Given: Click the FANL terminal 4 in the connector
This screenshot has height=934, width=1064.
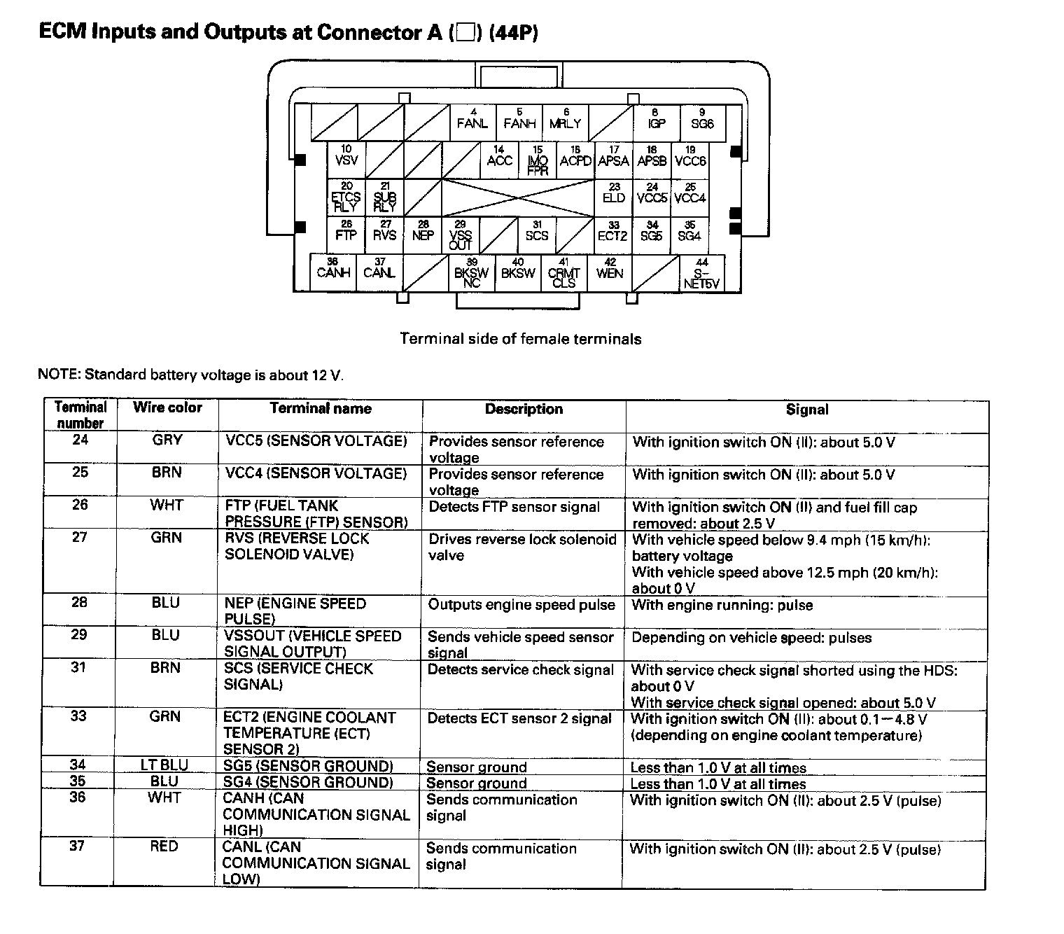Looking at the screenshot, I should point(472,121).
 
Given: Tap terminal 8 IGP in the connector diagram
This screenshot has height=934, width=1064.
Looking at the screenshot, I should point(656,121).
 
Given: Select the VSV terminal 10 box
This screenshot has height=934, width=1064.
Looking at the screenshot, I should point(346,158).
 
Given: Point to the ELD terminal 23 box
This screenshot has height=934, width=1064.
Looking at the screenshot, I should point(614,196).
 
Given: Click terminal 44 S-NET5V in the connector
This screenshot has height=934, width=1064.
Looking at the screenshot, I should point(701,273).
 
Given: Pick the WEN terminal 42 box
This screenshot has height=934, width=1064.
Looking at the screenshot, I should point(610,272).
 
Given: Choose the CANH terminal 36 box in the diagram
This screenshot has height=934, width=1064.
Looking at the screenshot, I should point(333,272).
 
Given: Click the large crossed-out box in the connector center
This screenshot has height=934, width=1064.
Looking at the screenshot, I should point(518,197).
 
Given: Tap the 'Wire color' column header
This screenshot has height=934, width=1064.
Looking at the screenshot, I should point(167,407).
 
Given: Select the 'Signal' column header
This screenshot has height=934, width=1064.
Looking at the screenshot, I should point(806,410).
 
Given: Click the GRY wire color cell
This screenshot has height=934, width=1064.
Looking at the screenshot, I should point(167,440).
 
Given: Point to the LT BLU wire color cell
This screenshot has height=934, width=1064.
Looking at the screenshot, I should point(164,765).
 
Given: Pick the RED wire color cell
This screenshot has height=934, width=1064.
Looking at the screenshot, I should point(164,846).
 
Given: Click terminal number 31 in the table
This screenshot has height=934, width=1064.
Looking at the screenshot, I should point(79,668).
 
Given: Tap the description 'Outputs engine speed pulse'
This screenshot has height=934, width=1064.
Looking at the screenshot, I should point(521,605).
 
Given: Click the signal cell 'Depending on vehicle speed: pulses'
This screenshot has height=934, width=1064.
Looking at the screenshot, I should point(751,638).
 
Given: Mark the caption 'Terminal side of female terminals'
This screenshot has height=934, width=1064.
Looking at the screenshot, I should point(520,339).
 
